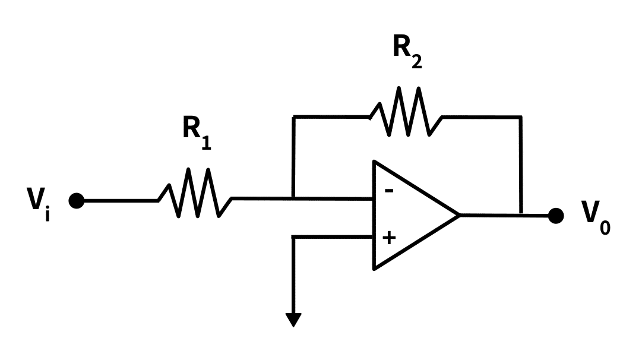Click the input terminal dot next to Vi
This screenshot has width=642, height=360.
coord(77,201)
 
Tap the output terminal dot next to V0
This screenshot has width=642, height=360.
coord(555,216)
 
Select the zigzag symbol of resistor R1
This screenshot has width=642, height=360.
coord(195,193)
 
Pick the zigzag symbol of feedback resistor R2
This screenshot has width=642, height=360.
coord(406,112)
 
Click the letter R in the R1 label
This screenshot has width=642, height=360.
coord(191,128)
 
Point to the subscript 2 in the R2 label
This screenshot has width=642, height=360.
coord(417,61)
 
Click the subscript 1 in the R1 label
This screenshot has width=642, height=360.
coord(206,142)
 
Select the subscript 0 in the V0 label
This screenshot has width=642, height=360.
coord(605,227)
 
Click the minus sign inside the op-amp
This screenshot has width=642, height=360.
coord(389,191)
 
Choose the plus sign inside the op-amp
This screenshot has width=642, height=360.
coord(389,238)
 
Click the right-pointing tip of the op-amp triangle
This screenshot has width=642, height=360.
coord(459,215)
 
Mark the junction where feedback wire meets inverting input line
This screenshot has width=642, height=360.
coord(293,198)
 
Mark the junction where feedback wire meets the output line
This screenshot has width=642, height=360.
coord(521,214)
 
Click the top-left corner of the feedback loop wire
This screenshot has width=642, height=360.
coord(293,117)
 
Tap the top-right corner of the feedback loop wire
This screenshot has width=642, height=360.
coord(521,117)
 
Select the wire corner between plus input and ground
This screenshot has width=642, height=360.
coord(293,237)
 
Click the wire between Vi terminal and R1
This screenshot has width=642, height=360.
coord(119,201)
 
